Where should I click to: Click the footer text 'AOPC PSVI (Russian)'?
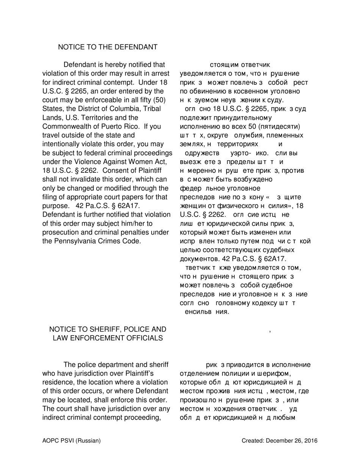(x=72, y=441)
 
